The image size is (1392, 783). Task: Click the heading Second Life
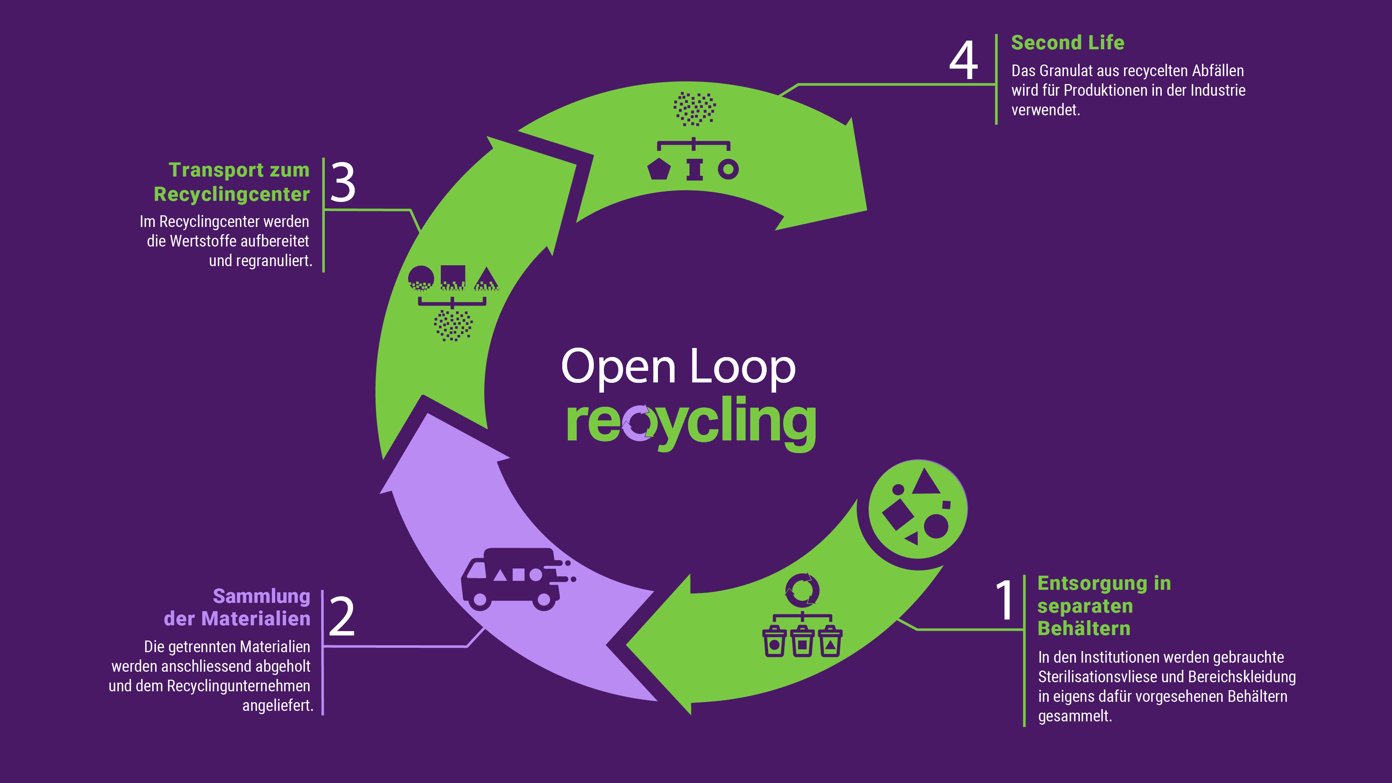click(1067, 43)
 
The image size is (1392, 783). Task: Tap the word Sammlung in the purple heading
click(261, 596)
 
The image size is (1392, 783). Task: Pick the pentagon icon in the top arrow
click(659, 169)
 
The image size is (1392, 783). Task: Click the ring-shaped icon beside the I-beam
click(728, 169)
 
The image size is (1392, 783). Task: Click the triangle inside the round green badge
click(926, 482)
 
